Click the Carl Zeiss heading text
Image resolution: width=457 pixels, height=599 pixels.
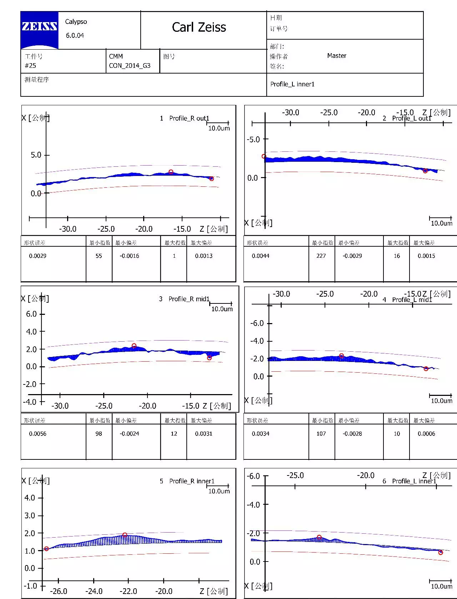199,27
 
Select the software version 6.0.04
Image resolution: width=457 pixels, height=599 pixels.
75,35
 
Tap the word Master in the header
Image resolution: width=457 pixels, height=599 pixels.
337,56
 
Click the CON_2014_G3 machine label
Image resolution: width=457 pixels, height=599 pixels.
130,66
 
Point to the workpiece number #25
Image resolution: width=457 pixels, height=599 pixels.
30,66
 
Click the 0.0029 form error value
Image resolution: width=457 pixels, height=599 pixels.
37,256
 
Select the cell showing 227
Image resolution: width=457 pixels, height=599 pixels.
321,256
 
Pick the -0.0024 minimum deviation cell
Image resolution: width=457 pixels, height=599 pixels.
129,434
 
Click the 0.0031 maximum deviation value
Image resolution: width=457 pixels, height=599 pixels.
204,434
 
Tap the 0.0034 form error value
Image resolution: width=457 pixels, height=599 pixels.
260,434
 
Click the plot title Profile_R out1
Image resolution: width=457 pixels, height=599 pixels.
189,118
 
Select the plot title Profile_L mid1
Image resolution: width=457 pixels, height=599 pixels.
412,300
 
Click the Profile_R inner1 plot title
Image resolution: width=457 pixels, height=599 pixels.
192,481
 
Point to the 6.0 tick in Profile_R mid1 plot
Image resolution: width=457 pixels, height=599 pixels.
31,314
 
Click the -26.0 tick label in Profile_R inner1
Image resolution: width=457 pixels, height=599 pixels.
58,591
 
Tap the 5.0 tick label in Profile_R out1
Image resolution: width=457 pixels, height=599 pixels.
36,155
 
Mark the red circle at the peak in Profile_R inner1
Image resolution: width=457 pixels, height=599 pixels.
125,535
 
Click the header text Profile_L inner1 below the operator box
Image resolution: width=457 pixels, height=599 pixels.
292,84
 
